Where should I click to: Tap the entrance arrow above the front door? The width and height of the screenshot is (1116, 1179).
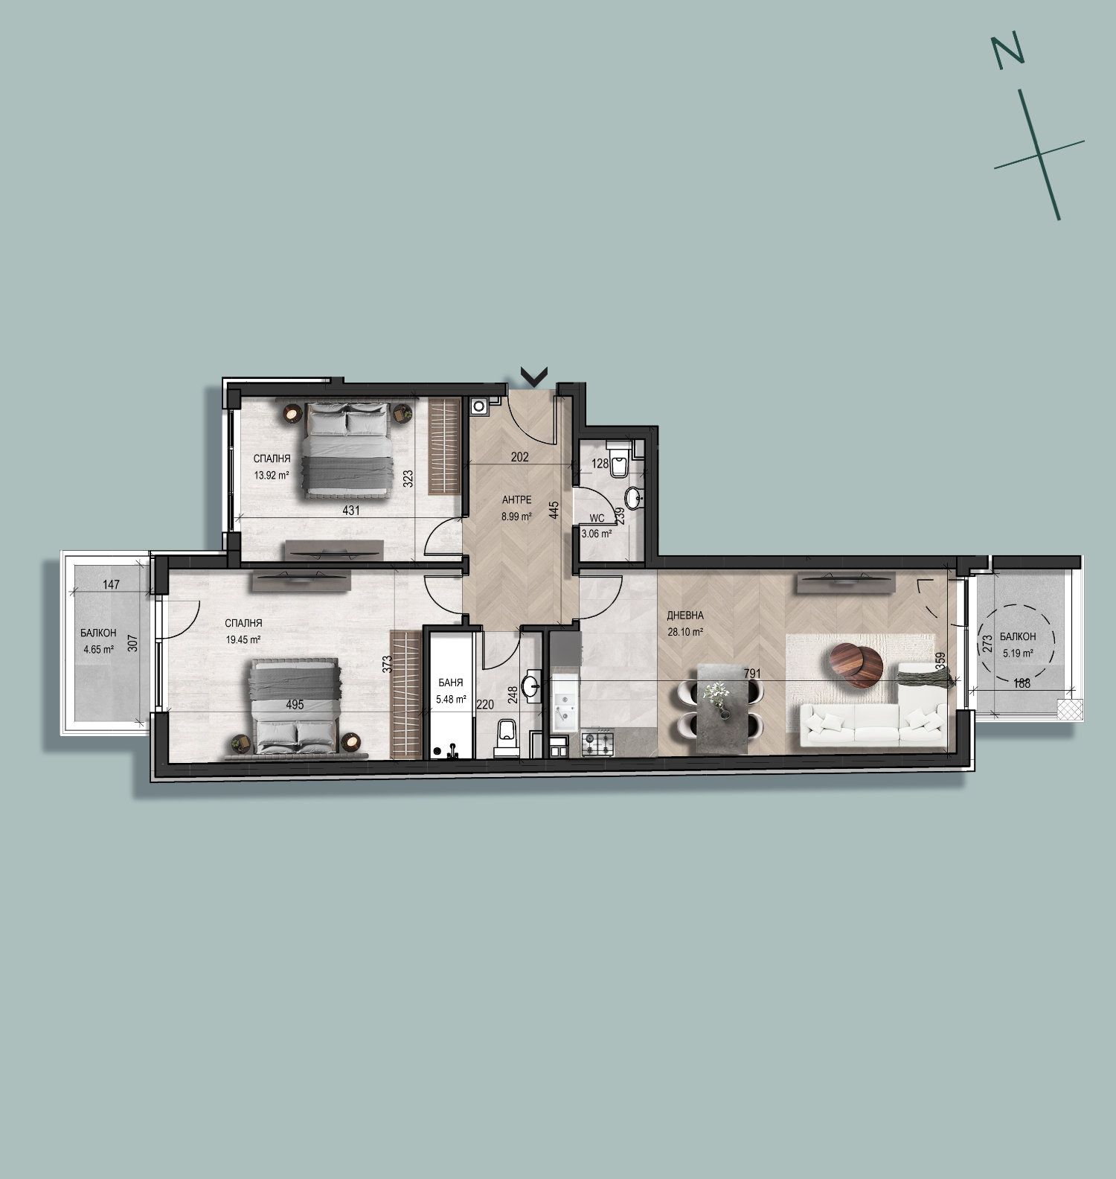click(534, 377)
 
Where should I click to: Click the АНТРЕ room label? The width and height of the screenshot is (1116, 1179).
click(517, 500)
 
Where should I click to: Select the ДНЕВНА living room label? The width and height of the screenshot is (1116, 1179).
click(685, 616)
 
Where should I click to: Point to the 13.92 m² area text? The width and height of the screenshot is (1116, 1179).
click(272, 475)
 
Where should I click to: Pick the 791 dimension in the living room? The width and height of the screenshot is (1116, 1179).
click(753, 674)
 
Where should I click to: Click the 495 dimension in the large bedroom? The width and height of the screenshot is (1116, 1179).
click(295, 704)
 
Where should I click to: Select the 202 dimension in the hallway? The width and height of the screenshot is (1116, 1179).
click(520, 457)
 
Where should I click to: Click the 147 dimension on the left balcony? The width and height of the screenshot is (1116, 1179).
click(111, 584)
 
